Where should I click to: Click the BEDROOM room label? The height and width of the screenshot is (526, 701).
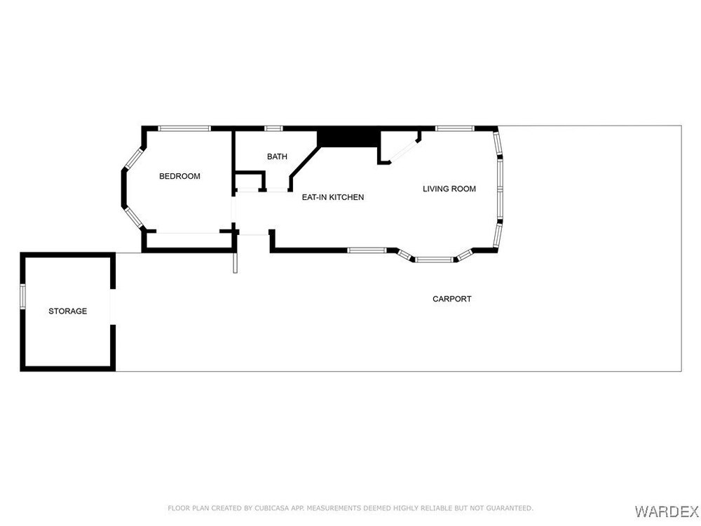[x=179, y=176]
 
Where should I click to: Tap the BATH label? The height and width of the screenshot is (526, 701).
[x=277, y=156]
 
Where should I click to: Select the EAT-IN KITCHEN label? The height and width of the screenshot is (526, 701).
[x=332, y=197]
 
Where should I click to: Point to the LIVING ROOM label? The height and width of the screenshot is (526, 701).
[x=449, y=189]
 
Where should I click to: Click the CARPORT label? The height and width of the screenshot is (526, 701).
[x=452, y=299]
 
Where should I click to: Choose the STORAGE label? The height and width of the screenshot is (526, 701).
[x=67, y=311]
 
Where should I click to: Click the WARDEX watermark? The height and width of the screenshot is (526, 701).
[x=667, y=511]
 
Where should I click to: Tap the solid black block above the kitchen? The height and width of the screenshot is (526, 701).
[x=348, y=137]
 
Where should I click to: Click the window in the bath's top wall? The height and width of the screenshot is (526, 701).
[x=273, y=128]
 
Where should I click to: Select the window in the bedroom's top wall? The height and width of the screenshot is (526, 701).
[x=184, y=128]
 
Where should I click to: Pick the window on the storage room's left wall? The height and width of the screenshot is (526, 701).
[x=22, y=296]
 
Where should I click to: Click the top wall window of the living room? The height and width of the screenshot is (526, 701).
[x=455, y=128]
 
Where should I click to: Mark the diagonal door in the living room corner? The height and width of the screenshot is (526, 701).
[x=404, y=150]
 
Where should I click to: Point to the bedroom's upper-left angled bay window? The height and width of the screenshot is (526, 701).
[x=133, y=159]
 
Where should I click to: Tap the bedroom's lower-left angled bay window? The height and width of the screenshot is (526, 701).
[x=133, y=217]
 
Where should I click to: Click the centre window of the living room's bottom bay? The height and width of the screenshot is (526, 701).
[x=434, y=259]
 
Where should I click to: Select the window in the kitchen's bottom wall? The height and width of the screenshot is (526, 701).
[x=367, y=250]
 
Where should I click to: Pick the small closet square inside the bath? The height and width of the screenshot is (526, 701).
[x=249, y=181]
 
